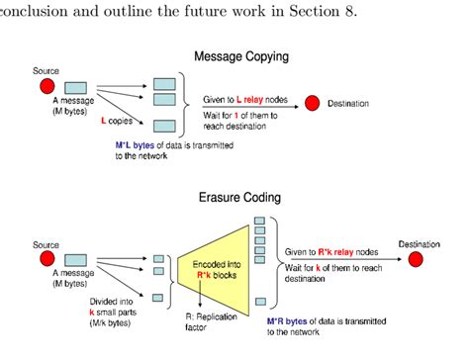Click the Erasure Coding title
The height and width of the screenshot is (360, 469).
(x=241, y=197)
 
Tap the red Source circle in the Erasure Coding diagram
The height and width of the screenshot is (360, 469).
(x=46, y=259)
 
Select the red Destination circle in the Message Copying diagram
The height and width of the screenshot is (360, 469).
(x=313, y=103)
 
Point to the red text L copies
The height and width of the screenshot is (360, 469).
(x=122, y=122)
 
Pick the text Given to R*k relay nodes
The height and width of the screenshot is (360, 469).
(x=332, y=252)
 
